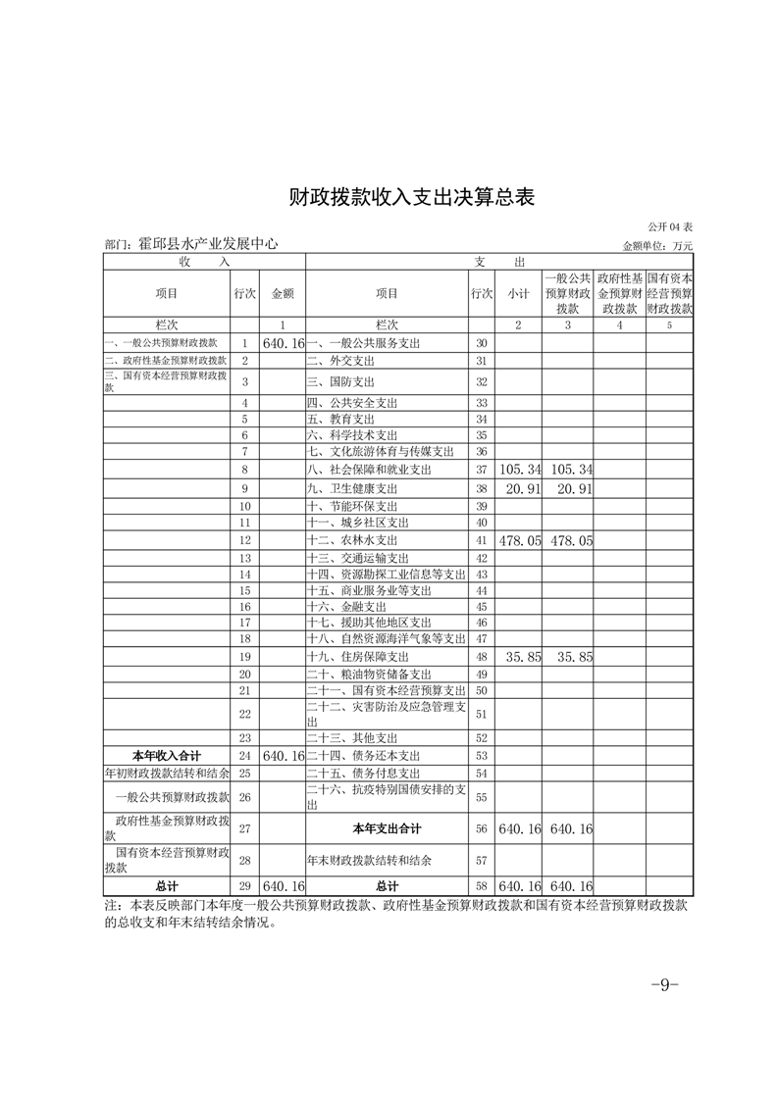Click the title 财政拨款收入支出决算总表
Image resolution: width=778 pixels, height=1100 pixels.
click(412, 196)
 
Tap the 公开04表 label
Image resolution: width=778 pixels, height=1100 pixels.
click(669, 227)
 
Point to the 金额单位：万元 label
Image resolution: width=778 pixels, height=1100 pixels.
click(657, 245)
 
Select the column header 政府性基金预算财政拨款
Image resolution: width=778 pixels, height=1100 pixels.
click(619, 292)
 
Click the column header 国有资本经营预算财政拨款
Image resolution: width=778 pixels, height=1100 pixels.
click(670, 292)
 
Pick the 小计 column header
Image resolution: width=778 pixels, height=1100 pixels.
click(518, 292)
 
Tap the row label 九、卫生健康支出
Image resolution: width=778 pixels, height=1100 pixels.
click(353, 488)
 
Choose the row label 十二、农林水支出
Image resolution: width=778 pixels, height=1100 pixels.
click(353, 540)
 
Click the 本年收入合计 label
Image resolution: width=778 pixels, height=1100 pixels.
click(167, 755)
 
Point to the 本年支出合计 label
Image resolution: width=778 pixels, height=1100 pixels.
click(387, 828)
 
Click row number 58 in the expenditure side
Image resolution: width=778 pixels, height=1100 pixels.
click(481, 885)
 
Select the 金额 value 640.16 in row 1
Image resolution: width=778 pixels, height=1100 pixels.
click(285, 343)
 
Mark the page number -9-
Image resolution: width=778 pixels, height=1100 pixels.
click(665, 984)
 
